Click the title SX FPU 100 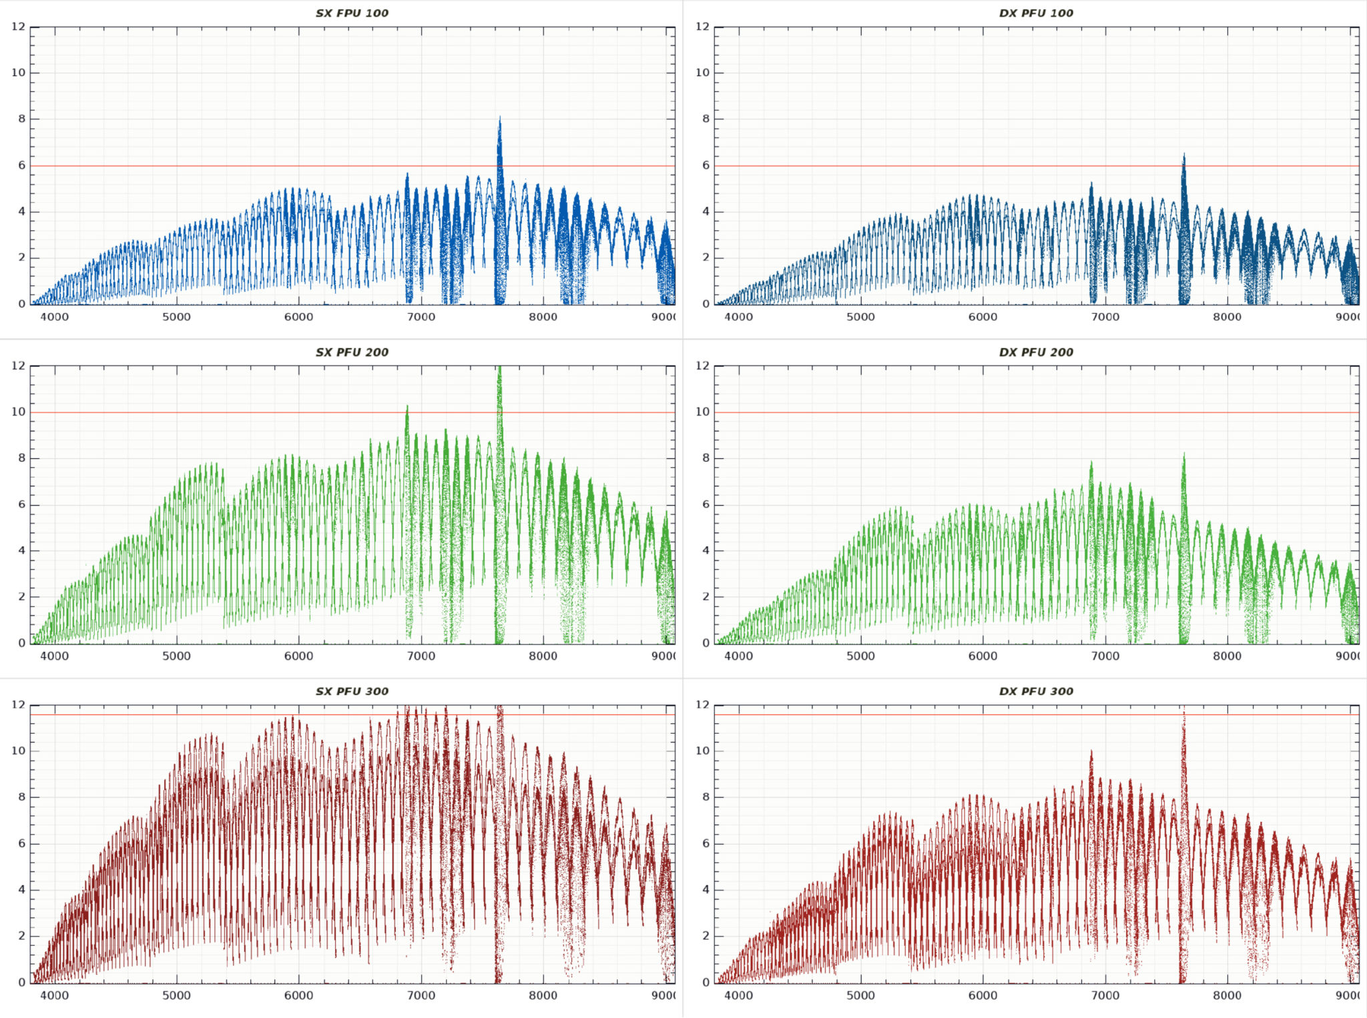point(352,13)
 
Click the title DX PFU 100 point(1036,13)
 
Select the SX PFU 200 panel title point(352,352)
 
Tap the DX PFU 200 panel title point(1036,352)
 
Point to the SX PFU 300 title point(352,691)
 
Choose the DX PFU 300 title point(1036,691)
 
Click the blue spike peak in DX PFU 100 point(1184,155)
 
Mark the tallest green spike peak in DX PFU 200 point(1184,455)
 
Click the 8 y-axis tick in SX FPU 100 point(22,119)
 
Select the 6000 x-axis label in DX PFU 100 point(983,317)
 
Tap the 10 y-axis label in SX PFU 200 point(19,412)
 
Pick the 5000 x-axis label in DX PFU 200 point(860,656)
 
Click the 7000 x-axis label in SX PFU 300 point(421,995)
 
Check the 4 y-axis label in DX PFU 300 point(706,889)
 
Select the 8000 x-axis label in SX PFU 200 point(543,656)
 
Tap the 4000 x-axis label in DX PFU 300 point(738,995)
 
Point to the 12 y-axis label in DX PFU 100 point(702,27)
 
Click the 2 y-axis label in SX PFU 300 point(22,935)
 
